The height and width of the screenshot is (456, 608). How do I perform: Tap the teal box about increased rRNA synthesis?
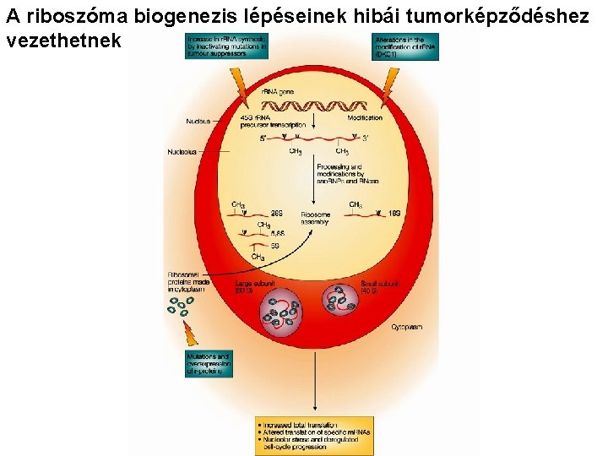tap(227, 46)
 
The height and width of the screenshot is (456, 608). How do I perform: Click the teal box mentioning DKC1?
tap(403, 47)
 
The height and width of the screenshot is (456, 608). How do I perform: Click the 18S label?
tap(395, 212)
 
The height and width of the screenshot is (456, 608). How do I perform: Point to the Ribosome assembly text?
tap(316, 218)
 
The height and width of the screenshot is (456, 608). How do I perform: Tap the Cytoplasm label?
tap(405, 326)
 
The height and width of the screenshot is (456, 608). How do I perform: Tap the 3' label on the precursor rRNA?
tap(366, 137)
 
